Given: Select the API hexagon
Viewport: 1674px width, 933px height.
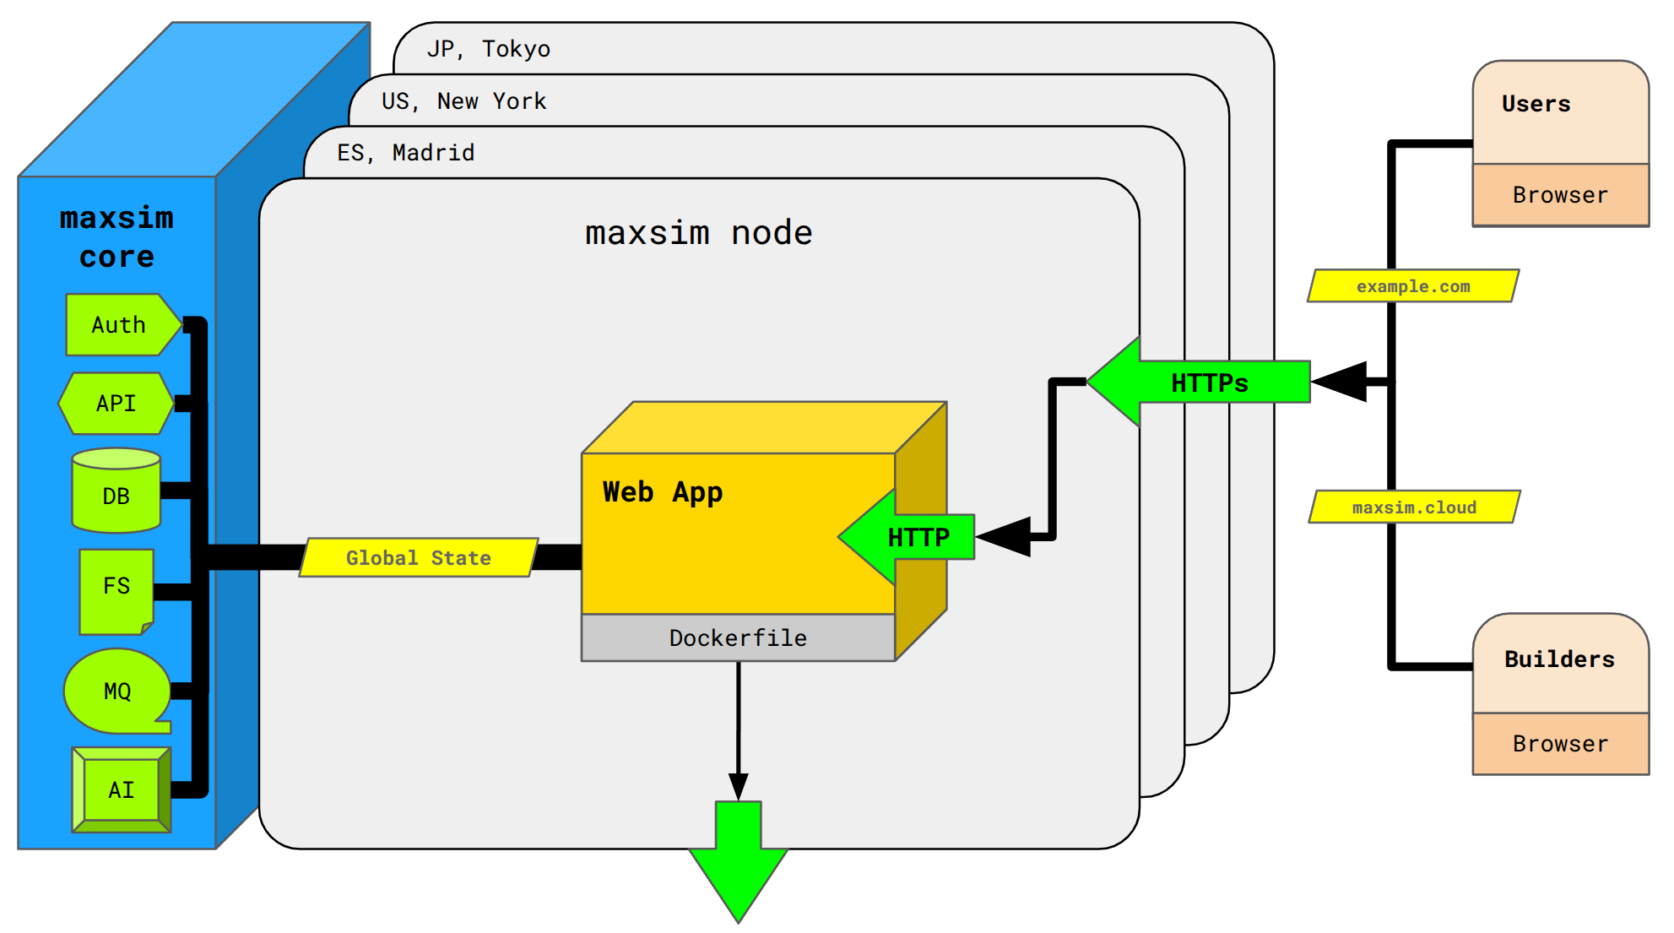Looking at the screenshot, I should (x=116, y=404).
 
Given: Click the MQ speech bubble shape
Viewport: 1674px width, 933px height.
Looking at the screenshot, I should (x=116, y=691).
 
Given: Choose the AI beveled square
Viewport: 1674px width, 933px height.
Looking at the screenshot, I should (x=121, y=789).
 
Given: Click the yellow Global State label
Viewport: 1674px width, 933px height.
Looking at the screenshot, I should (x=419, y=558).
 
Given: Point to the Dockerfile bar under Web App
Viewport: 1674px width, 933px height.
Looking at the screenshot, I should (x=738, y=637).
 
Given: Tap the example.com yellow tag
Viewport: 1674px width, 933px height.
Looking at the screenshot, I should (x=1413, y=286).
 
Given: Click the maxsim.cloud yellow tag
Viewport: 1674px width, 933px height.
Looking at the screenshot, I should (x=1414, y=507).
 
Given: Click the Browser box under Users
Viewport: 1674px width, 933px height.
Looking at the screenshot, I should (x=1560, y=195).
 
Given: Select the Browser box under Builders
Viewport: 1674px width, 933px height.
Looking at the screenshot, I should (x=1560, y=744).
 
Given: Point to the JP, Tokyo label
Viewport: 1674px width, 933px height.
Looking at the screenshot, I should (x=489, y=49).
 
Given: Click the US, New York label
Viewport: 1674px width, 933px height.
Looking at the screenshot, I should (x=464, y=101).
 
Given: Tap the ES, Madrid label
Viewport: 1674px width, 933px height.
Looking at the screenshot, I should (x=406, y=153).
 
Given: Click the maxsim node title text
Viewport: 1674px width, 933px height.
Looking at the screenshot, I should (x=699, y=233).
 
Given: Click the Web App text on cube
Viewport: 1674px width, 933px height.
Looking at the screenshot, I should (x=663, y=491).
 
